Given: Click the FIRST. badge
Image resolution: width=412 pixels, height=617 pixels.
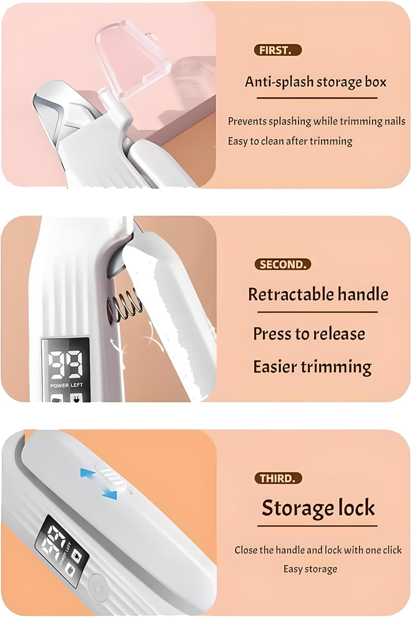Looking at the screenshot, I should coord(278,50).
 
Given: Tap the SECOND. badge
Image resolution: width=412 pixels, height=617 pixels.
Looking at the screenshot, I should coord(282,264).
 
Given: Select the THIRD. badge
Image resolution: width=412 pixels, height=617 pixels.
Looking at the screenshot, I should coord(278,478).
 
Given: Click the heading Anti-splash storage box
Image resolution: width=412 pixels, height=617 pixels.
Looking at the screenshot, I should coord(315,82).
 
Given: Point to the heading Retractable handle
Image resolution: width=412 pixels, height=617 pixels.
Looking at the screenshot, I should coord(318,295).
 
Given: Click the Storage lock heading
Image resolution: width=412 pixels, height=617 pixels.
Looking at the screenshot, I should coord(318,508).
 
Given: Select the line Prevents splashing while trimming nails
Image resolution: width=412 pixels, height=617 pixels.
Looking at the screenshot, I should coord(316,121).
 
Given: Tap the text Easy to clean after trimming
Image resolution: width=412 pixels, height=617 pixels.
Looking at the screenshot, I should coord(290,141).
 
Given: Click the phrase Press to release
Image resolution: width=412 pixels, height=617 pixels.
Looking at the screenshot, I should coord(309,334).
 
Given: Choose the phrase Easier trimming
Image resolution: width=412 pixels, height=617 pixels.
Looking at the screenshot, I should coord(312,366).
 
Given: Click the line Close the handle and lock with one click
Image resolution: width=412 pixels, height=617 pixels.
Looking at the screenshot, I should coord(318,550).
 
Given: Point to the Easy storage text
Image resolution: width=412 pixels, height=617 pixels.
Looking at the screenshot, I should coord(310,569).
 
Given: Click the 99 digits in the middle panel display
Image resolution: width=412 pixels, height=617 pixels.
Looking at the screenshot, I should coord(66,364).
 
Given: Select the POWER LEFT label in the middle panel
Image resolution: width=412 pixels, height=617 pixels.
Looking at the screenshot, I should coord(66,385).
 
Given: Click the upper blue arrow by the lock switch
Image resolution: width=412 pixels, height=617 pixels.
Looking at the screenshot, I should coord(88,473).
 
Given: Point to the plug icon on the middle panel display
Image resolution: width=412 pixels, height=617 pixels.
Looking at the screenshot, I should coord(76,398).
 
